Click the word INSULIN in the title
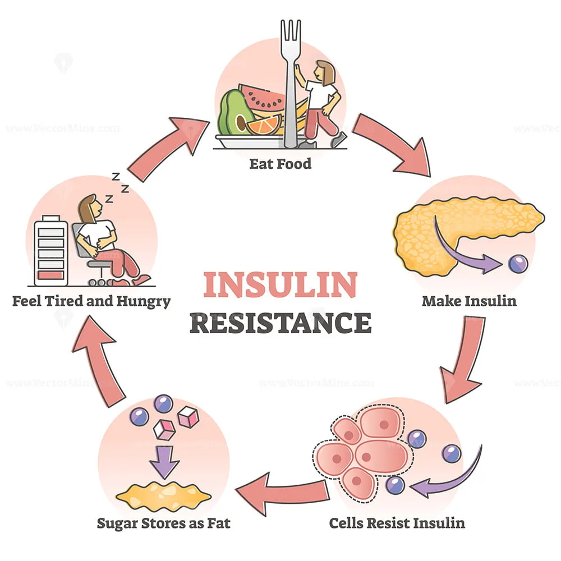pos(280,285)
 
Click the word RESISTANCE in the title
pos(280,323)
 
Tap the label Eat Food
pos(281,165)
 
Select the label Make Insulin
pos(469,301)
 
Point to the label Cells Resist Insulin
pos(397,523)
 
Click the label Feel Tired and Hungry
pos(91,301)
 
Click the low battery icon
pos(51,250)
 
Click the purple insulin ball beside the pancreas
pos(517,264)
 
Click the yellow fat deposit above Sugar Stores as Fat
pos(163,494)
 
